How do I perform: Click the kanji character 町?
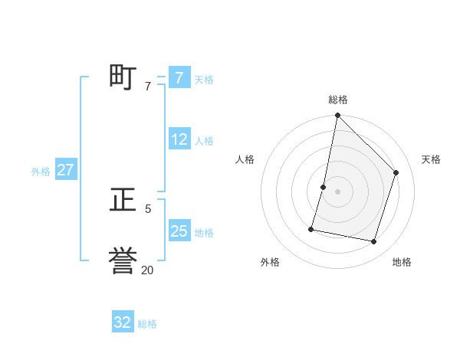[123, 77]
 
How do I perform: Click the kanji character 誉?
[123, 260]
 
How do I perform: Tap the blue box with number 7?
[179, 78]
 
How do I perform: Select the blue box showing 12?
[179, 140]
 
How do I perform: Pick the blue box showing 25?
[179, 231]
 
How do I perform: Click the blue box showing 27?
[65, 170]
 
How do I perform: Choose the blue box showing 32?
[122, 322]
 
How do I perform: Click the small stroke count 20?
[147, 270]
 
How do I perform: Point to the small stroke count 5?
[148, 208]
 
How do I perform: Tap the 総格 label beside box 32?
[147, 324]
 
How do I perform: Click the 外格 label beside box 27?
[41, 172]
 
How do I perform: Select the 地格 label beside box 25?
[204, 233]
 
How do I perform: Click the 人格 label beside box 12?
[204, 141]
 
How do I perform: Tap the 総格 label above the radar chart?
[337, 100]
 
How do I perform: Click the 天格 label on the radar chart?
[431, 159]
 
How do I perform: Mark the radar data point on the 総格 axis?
[337, 116]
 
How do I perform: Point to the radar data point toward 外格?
[311, 229]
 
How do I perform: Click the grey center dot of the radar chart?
[337, 191]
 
